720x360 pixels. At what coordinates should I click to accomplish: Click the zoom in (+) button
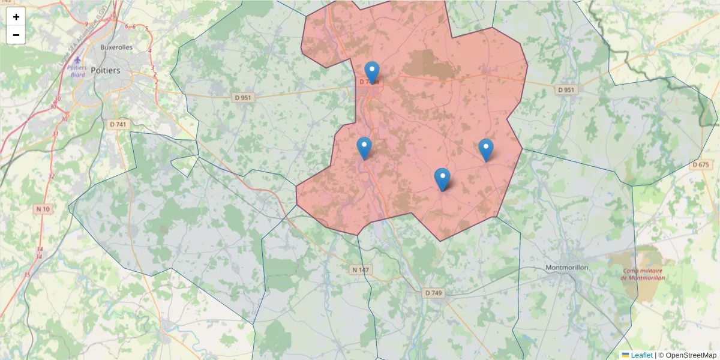pos(16,17)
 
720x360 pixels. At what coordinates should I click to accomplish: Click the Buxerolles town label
pos(116,47)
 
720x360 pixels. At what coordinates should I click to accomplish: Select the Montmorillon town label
pos(567,267)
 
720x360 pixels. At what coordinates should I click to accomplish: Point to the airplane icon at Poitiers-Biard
pos(77,60)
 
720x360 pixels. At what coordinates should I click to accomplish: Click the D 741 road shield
pos(119,124)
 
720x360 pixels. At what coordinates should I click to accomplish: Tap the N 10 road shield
pos(43,208)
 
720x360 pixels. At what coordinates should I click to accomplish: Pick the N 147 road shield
pos(361,270)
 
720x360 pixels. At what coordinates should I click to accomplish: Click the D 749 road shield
pos(433,293)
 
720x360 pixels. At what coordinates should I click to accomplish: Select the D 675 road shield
pos(700,164)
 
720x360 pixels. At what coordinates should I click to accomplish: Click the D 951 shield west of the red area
pos(242,97)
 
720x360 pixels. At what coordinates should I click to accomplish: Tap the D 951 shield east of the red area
pos(566,90)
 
